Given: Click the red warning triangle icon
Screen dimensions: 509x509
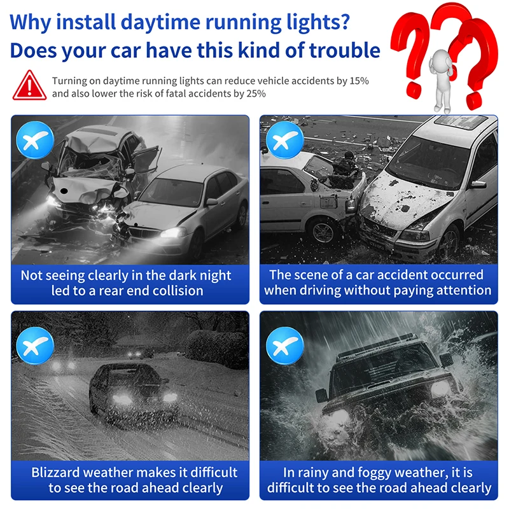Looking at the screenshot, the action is click(x=29, y=86).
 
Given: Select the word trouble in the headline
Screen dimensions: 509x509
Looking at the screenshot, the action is click(x=344, y=51).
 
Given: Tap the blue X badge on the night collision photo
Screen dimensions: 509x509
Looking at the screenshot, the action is click(x=35, y=140).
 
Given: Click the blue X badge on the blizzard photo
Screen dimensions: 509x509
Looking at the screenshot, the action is click(x=35, y=345).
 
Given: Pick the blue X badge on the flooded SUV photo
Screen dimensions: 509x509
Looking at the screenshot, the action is click(x=284, y=345).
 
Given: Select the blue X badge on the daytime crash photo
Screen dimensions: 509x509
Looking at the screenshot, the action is click(x=284, y=140).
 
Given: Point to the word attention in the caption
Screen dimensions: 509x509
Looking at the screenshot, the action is click(x=464, y=291).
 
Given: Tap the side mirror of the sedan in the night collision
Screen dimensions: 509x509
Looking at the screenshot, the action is click(x=211, y=202).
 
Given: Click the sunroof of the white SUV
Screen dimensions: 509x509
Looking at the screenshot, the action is click(x=460, y=122).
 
